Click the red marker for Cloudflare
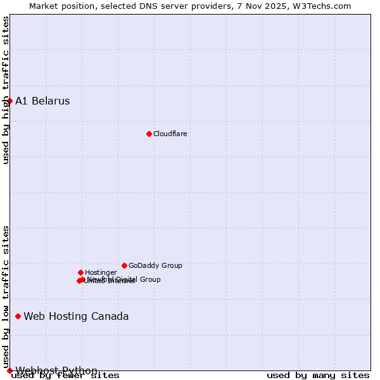pyautogui.click(x=149, y=134)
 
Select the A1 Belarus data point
pyautogui.click(x=9, y=101)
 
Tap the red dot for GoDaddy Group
pyautogui.click(x=124, y=265)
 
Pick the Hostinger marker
pyautogui.click(x=80, y=272)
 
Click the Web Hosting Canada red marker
pyautogui.click(x=18, y=316)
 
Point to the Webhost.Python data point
pyautogui.click(x=9, y=370)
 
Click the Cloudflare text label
pyautogui.click(x=170, y=134)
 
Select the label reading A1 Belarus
pyautogui.click(x=42, y=101)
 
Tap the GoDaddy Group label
pyautogui.click(x=155, y=265)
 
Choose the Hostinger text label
pyautogui.click(x=101, y=272)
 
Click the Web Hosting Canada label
pyautogui.click(x=76, y=316)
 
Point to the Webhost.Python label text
pyautogui.click(x=56, y=370)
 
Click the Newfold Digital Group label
pyautogui.click(x=124, y=279)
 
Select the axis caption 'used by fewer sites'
pyautogui.click(x=65, y=375)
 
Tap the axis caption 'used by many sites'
pyautogui.click(x=318, y=375)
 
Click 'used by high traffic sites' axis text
pyautogui.click(x=6, y=90)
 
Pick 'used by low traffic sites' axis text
pyautogui.click(x=6, y=296)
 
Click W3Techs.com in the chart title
pyautogui.click(x=325, y=6)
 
